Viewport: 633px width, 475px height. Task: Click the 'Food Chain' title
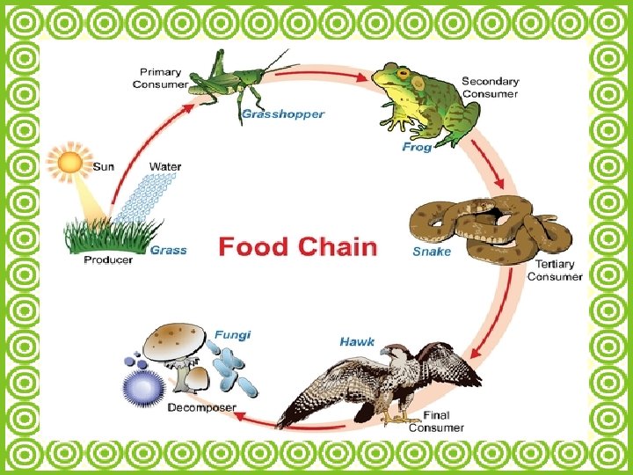[x=297, y=245]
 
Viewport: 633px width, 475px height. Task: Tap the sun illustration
[x=69, y=163]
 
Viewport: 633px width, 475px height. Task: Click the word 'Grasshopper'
[x=283, y=114]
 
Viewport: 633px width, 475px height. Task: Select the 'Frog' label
[x=417, y=148]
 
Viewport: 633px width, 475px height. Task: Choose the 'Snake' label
[x=432, y=252]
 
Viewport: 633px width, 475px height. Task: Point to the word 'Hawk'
[x=358, y=340]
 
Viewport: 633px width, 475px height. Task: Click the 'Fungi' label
[x=233, y=334]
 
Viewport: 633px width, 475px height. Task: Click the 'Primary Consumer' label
[x=160, y=78]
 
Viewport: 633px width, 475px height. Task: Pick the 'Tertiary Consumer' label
[x=554, y=270]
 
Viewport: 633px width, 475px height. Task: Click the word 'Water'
[x=165, y=166]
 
